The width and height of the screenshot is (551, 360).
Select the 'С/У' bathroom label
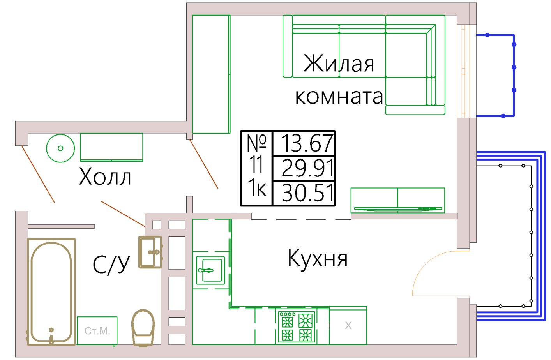[111, 265]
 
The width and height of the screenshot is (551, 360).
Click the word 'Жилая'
[339, 63]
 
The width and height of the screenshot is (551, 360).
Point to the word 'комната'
[339, 97]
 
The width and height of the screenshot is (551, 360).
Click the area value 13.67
[307, 143]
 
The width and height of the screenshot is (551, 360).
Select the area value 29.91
[307, 168]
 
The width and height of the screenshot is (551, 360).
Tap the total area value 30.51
[307, 193]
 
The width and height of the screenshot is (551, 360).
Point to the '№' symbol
[256, 143]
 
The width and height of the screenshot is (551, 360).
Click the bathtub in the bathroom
[51, 292]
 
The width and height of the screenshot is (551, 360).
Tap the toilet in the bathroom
[143, 328]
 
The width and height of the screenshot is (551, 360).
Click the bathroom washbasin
[150, 252]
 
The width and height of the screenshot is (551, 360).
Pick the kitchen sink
[210, 270]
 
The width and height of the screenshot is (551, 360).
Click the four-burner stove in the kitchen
[297, 327]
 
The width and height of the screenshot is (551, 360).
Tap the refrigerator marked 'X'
[348, 325]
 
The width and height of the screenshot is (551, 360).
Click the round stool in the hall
[60, 148]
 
